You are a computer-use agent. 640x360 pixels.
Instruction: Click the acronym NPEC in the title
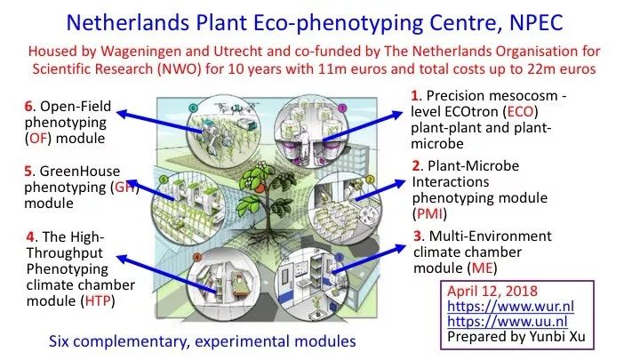click(536, 22)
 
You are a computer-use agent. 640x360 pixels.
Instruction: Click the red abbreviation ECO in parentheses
click(520, 112)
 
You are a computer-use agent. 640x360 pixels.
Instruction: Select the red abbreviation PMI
click(430, 213)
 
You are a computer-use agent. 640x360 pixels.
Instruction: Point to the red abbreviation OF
click(39, 139)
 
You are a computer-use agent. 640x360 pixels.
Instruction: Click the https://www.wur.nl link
click(510, 306)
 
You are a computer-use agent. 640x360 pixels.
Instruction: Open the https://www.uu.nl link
click(508, 321)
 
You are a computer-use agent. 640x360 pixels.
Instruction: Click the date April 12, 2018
click(492, 291)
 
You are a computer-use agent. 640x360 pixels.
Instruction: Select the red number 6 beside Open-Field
click(28, 106)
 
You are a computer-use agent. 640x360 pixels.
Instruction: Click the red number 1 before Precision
click(415, 95)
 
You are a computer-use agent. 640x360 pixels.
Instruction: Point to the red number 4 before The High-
click(30, 236)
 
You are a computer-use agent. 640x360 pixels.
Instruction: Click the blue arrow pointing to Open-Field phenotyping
click(160, 122)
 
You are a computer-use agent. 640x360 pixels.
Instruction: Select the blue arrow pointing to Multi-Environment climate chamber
click(369, 260)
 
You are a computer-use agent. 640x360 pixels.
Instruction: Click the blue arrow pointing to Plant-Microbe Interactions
click(380, 190)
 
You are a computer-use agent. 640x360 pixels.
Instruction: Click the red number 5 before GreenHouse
click(28, 171)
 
